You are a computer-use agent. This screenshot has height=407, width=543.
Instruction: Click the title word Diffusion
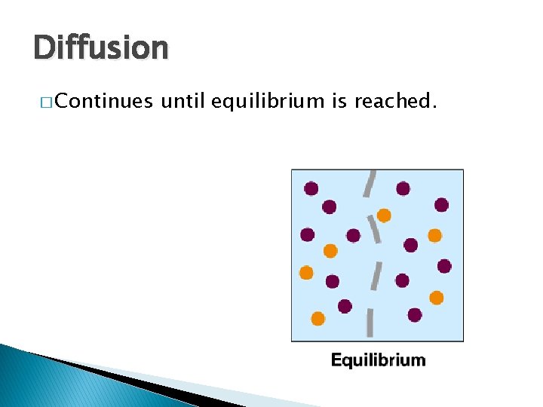point(101,48)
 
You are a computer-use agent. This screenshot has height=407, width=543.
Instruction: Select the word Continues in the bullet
point(104,101)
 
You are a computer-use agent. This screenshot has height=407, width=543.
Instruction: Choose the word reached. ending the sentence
point(397,101)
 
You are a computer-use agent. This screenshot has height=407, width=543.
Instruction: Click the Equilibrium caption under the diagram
point(378,360)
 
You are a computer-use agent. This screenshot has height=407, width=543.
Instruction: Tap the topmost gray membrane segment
point(370,183)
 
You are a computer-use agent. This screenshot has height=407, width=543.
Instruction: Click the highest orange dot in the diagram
point(384,216)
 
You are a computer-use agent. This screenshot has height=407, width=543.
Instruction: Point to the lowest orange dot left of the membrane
point(318,319)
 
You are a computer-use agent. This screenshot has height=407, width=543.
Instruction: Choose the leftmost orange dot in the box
point(306,273)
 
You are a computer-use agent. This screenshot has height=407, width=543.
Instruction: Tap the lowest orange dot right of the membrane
point(436,298)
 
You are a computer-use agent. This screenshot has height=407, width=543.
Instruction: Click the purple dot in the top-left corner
point(311,188)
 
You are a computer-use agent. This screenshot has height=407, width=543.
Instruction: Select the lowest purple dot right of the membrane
point(415,315)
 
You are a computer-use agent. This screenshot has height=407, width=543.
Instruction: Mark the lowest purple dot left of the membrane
point(345,306)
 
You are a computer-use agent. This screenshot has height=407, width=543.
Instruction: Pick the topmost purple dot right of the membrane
point(403,188)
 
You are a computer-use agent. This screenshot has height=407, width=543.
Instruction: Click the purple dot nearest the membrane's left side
point(353,235)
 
